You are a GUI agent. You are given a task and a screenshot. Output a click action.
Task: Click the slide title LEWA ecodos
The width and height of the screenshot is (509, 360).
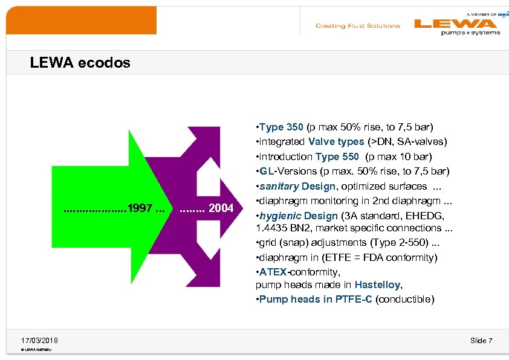[80, 63]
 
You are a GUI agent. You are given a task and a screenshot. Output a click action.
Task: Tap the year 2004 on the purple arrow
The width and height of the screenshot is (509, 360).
[221, 208]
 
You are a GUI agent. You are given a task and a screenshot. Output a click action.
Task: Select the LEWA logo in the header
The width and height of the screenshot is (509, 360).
[456, 25]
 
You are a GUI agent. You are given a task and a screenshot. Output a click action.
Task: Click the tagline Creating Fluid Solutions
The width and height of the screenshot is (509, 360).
[357, 26]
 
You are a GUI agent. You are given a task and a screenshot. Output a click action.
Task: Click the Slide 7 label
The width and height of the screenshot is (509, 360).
[481, 341]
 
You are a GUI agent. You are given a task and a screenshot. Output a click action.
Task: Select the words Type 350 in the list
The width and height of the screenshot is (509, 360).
[282, 127]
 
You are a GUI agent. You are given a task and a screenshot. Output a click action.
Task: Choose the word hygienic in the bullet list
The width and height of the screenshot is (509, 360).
[280, 216]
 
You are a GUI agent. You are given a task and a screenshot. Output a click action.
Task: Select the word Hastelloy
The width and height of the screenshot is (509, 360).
[377, 284]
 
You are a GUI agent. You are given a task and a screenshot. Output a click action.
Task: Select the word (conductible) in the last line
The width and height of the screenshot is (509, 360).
[404, 299]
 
